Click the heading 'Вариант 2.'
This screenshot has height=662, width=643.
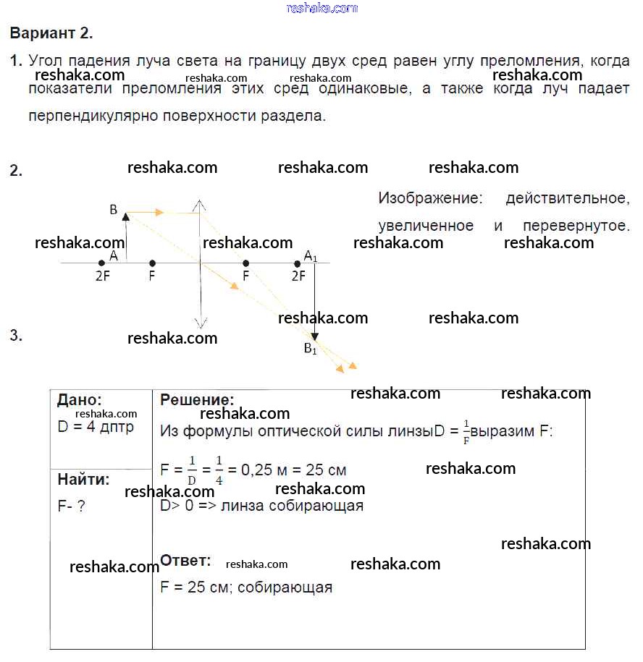point(51,33)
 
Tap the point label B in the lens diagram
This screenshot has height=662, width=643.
point(113,210)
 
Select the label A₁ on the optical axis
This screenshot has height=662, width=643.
point(310,255)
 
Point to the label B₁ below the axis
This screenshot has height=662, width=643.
point(310,349)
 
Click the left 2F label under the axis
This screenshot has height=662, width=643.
point(102,276)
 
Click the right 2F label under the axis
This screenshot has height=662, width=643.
point(298,276)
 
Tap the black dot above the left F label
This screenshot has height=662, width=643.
point(152,263)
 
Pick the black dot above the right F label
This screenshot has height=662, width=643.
point(246,263)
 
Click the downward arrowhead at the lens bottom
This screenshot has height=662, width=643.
point(200,323)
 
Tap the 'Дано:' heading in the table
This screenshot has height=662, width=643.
point(80,400)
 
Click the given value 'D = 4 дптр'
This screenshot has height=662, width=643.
point(96,427)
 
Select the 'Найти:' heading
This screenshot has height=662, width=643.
point(84,479)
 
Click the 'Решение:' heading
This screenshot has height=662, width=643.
point(197,400)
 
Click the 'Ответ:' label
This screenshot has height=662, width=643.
point(185,561)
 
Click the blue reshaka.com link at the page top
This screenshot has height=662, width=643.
point(321,8)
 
